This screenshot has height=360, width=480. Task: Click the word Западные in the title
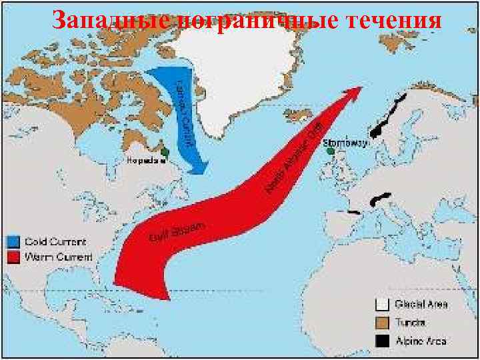tap(107, 20)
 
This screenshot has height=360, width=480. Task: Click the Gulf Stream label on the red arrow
tap(177, 231)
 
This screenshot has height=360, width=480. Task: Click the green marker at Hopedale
tap(165, 152)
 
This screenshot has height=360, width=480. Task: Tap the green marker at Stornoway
tap(329, 151)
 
